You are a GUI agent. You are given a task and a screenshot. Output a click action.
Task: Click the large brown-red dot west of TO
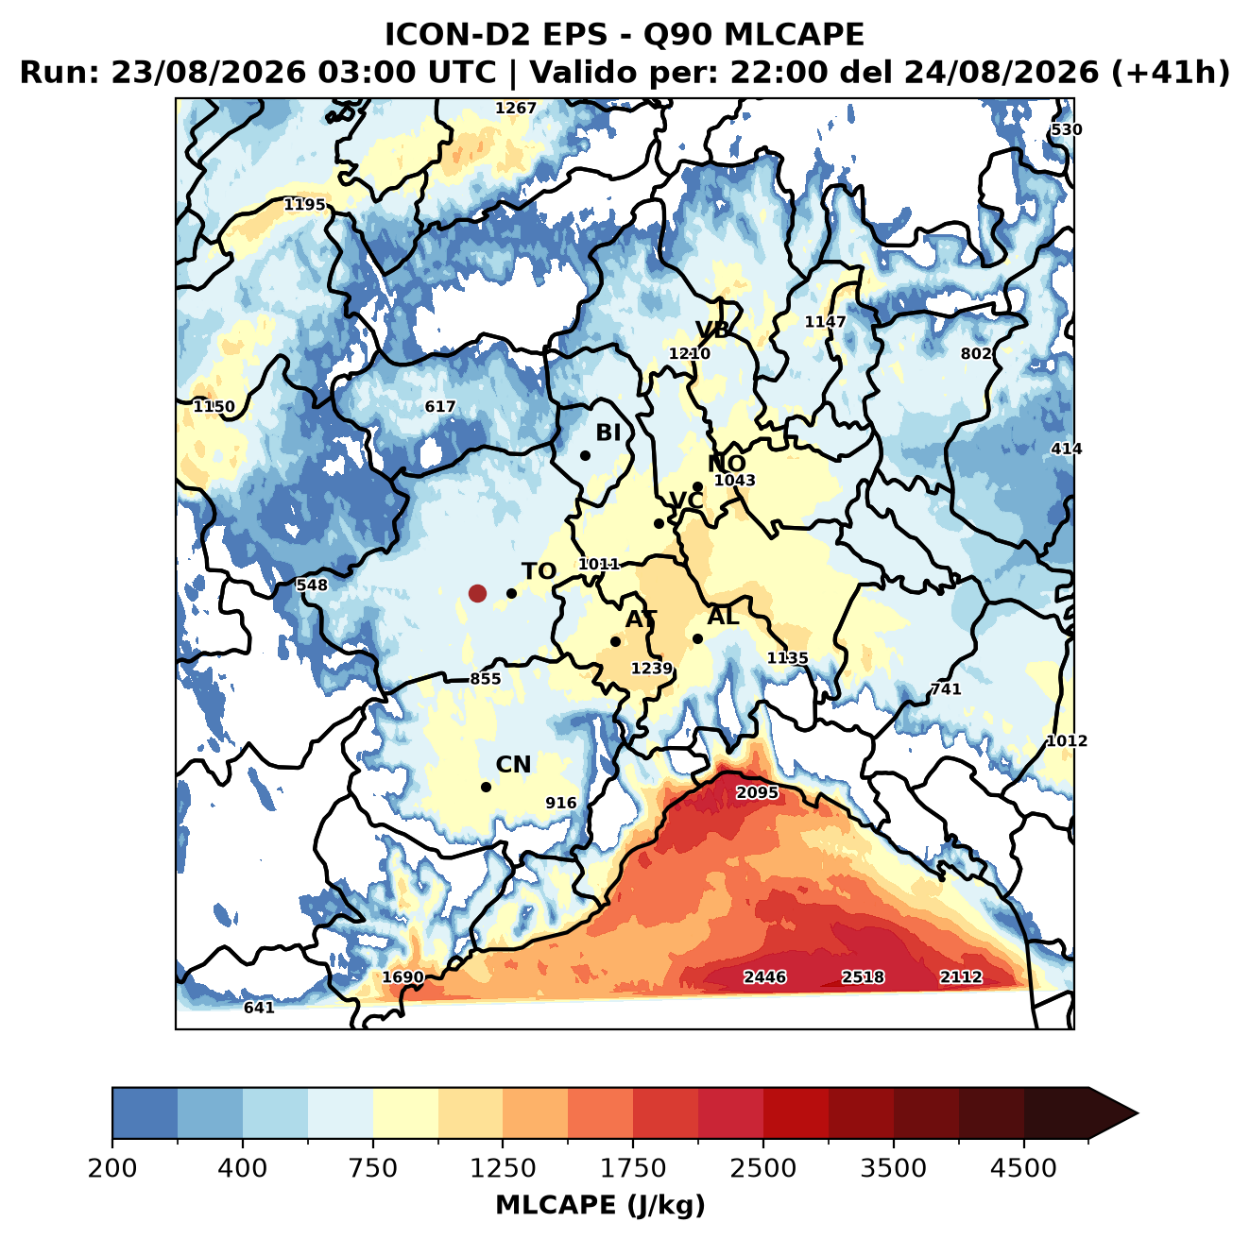pos(477,593)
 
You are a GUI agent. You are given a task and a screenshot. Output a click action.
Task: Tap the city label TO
pos(539,571)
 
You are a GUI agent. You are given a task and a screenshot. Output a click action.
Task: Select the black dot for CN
pos(486,787)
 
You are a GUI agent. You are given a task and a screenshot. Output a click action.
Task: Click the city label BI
pos(608,433)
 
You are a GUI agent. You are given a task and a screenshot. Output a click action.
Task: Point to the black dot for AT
pos(616,641)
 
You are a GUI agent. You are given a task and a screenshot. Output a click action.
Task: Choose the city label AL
pos(724,616)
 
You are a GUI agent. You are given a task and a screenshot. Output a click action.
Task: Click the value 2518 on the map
pos(863,976)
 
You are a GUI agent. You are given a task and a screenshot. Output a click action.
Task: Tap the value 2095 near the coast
pos(757,792)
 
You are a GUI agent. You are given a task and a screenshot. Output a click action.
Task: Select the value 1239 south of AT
pos(652,668)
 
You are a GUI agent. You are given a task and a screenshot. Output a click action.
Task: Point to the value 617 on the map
pos(439,406)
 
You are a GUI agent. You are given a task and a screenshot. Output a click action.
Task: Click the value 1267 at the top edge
pos(516,108)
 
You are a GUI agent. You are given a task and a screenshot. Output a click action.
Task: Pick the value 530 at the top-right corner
pos(1067,129)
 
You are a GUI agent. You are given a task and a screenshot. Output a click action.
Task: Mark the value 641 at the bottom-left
pos(259,1008)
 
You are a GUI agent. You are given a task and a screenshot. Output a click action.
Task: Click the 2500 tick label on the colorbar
pos(762,1168)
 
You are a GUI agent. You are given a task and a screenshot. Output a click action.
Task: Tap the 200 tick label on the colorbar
pos(112,1168)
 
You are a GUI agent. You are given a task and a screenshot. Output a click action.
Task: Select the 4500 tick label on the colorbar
pos(1023,1168)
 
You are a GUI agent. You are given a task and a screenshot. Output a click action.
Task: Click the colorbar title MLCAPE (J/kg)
pos(600,1205)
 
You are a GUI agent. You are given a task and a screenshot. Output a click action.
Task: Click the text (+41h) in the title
pos(1170,73)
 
